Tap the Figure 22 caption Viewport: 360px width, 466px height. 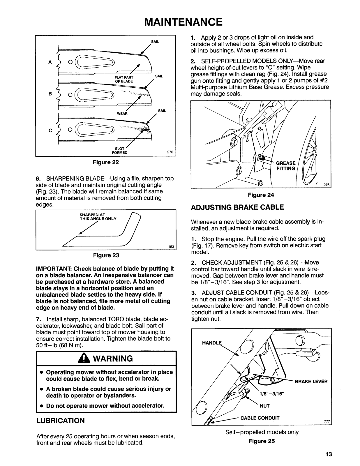coord(106,162)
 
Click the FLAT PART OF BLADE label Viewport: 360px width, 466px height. coord(124,79)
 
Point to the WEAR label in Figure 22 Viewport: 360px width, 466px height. coord(122,114)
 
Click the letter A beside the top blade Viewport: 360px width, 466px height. coord(50,62)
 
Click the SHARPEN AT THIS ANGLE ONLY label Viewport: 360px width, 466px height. coord(98,217)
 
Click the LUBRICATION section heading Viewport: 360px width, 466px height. coord(61,421)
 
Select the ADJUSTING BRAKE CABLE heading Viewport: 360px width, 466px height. coord(237,207)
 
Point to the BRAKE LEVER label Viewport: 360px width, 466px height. coord(311,382)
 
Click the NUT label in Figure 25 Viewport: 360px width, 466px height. coord(264,405)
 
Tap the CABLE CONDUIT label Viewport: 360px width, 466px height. coord(260,418)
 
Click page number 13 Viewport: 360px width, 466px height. coord(329,454)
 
